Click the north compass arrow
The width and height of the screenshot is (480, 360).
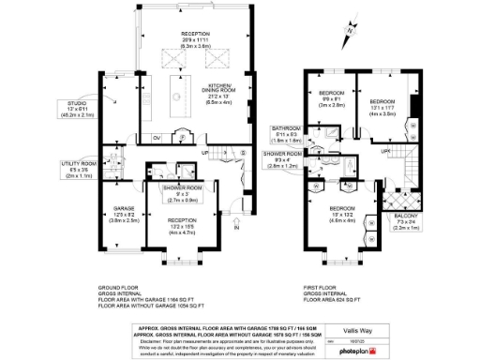(x=348, y=32)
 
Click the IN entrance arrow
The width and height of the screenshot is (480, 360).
(x=237, y=226)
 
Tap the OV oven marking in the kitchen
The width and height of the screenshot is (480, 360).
(x=156, y=139)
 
